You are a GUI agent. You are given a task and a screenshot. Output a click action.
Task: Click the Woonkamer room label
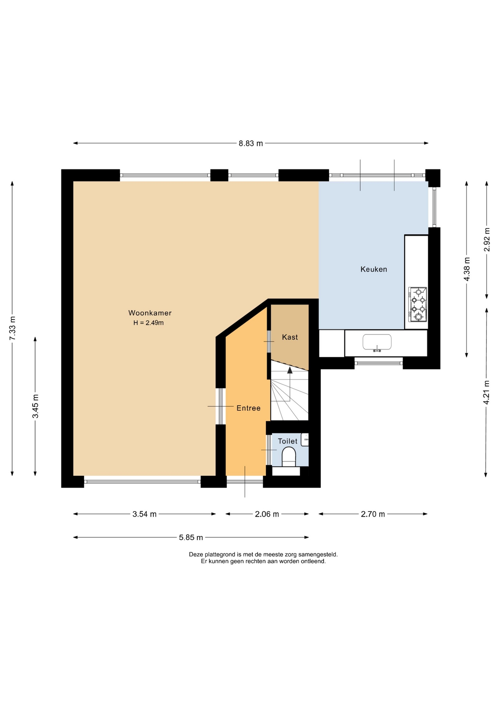point(150,313)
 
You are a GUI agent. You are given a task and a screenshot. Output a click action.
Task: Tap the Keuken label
point(374,270)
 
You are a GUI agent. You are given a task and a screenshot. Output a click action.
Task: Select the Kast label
point(290,337)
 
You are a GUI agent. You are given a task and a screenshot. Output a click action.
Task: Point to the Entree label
point(248,408)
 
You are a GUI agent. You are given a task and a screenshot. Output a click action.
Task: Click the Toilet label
point(288,441)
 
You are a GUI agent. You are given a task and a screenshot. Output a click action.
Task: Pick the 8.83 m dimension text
point(251,144)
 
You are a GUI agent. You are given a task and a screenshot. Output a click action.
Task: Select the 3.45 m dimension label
point(35,406)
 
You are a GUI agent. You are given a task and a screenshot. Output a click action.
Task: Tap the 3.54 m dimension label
point(144,514)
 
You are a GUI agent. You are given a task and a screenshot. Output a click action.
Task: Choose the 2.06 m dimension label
point(267,514)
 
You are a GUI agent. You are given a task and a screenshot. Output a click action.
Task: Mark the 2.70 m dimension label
point(373,514)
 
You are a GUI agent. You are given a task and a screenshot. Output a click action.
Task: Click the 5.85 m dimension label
point(191,538)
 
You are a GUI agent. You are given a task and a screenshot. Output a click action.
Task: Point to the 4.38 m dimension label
point(467,269)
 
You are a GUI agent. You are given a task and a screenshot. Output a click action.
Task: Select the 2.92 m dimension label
point(487,240)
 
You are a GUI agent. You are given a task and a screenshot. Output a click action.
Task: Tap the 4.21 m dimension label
point(487,393)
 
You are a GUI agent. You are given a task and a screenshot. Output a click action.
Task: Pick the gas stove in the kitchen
point(417,304)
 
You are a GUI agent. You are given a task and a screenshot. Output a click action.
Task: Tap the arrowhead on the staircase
point(290,370)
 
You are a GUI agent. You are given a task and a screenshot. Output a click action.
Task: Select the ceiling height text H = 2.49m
point(148,323)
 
